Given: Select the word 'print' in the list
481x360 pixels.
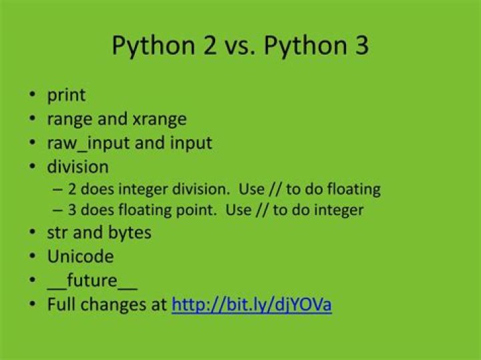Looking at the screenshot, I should (x=66, y=96).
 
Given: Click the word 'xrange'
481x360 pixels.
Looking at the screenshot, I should (x=160, y=120).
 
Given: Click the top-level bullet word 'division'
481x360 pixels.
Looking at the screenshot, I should (x=77, y=166).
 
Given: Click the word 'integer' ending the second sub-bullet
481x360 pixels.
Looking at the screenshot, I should (x=339, y=210).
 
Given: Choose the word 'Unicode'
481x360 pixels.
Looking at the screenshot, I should (x=80, y=256).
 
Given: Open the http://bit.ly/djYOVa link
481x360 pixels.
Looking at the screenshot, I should (x=252, y=305).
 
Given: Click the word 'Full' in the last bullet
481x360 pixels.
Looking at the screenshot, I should (x=61, y=305).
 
